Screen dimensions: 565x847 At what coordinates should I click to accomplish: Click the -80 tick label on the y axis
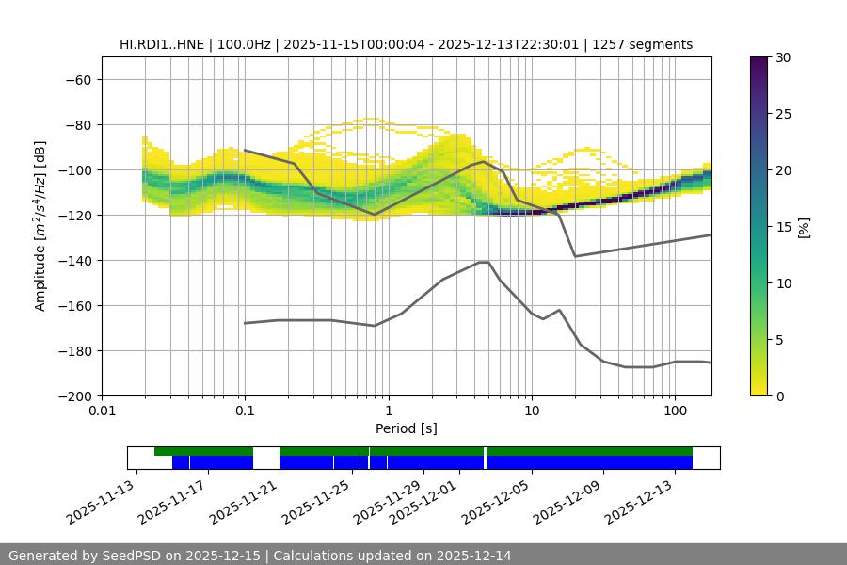pyautogui.click(x=77, y=125)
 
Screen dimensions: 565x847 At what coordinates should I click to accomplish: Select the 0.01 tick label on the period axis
pyautogui.click(x=102, y=412)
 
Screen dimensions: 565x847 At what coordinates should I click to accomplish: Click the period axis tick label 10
pyautogui.click(x=532, y=412)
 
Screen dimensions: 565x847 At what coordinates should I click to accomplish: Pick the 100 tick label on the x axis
pyautogui.click(x=675, y=412)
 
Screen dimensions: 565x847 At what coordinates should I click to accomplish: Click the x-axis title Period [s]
pyautogui.click(x=406, y=428)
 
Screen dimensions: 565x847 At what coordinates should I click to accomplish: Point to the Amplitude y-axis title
pyautogui.click(x=40, y=226)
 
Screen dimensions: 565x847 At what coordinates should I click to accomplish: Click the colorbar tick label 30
pyautogui.click(x=782, y=57)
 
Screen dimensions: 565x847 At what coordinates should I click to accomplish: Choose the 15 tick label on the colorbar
pyautogui.click(x=782, y=227)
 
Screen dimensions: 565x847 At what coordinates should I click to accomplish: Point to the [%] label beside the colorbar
pyautogui.click(x=804, y=227)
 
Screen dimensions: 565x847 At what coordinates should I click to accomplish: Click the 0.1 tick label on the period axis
pyautogui.click(x=245, y=412)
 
